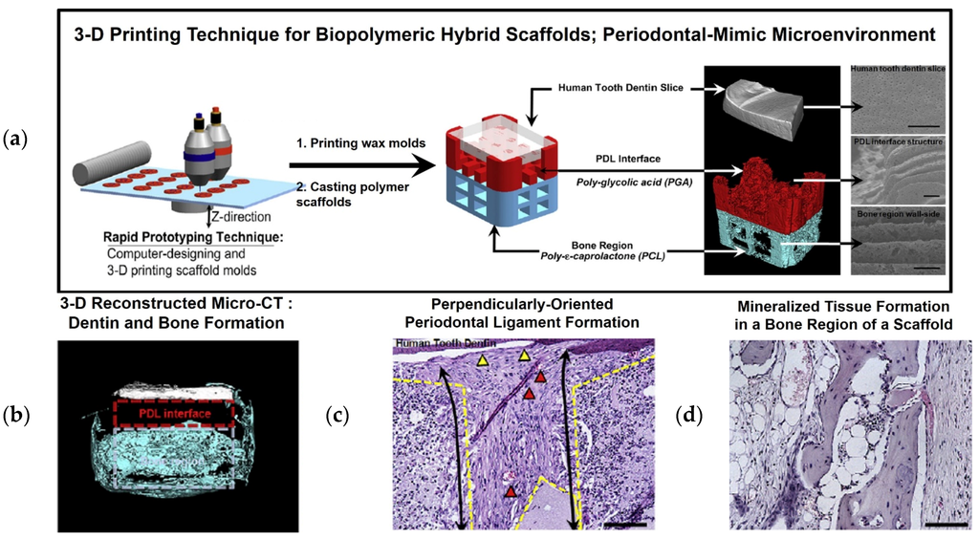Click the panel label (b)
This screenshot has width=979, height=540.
(x=15, y=416)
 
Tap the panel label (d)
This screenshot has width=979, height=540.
(x=689, y=416)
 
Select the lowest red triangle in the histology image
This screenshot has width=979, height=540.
(x=512, y=491)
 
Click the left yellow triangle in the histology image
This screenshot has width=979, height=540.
(x=483, y=360)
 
